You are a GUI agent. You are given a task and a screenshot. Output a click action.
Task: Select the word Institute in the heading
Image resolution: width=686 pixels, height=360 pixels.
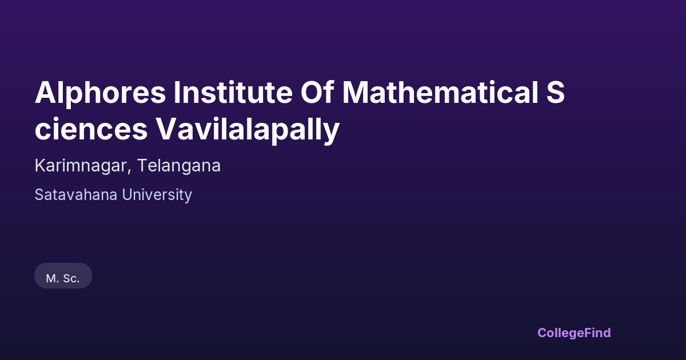tap(233, 93)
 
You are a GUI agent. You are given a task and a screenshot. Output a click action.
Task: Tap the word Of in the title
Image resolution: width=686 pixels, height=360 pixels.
tap(317, 92)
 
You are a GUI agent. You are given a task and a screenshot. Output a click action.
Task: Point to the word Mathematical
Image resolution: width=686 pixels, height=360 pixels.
tap(440, 92)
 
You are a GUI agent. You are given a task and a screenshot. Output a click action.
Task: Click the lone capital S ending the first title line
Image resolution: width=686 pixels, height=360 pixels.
tap(555, 92)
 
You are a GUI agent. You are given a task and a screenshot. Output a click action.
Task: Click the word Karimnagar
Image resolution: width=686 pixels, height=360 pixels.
tap(81, 166)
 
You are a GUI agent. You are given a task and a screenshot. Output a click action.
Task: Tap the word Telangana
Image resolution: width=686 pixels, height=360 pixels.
tap(179, 166)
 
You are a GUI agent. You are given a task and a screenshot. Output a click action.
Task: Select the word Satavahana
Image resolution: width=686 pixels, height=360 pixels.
tap(75, 195)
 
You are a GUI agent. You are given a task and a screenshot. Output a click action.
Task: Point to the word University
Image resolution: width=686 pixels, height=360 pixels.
tap(157, 195)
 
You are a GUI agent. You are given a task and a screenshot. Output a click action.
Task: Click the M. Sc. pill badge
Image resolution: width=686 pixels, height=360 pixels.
tap(63, 275)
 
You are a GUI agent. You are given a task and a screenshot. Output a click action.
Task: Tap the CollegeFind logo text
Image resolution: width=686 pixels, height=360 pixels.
tap(574, 333)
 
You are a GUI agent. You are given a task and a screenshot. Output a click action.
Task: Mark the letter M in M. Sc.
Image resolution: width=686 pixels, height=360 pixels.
tap(50, 278)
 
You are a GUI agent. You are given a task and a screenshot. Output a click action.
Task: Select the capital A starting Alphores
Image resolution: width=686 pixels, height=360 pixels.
tap(45, 92)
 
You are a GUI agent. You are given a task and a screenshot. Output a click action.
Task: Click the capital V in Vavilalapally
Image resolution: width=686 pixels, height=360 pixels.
tap(166, 129)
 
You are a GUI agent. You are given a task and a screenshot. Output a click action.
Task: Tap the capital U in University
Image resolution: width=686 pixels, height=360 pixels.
tap(127, 195)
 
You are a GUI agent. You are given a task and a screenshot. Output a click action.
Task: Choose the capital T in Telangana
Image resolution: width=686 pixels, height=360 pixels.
tap(143, 165)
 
